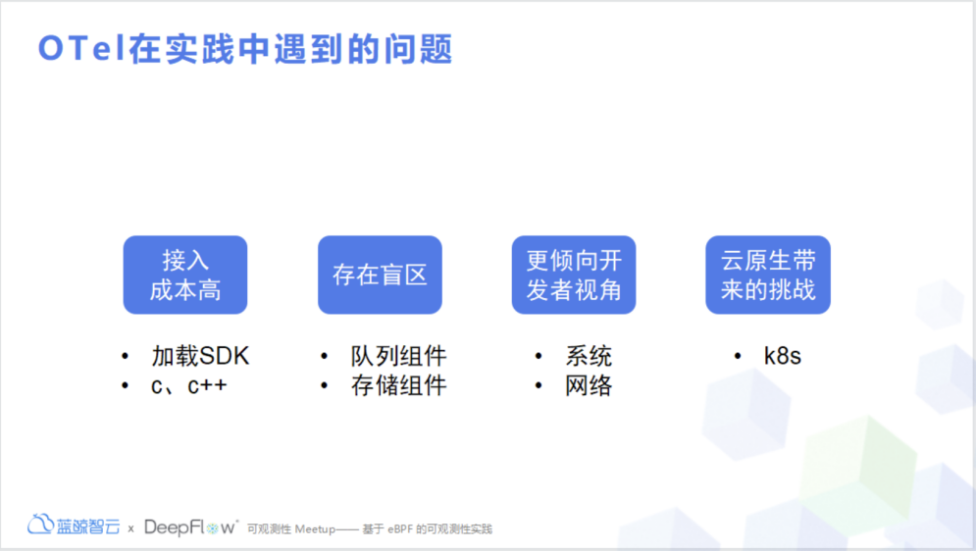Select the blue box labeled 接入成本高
click(x=185, y=275)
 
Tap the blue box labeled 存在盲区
click(x=380, y=275)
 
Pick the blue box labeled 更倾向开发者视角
click(x=574, y=275)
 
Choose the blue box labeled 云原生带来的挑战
click(x=768, y=275)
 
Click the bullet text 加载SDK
click(x=200, y=356)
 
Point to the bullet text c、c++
click(x=189, y=385)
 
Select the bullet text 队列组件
click(x=398, y=356)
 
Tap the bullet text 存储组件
click(x=398, y=385)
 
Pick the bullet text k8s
click(x=783, y=356)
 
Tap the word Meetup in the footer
click(x=315, y=529)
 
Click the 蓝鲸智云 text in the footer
click(x=88, y=526)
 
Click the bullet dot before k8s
click(x=738, y=356)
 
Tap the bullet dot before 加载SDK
click(x=125, y=356)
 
